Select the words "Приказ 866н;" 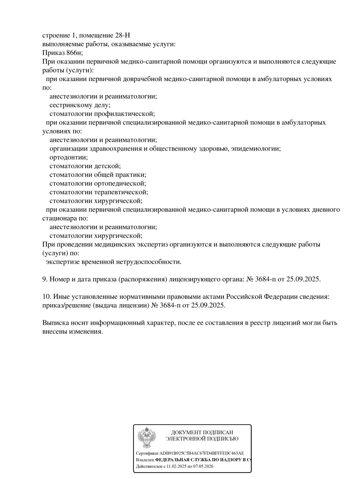(62, 53)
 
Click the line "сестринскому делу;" (80, 105)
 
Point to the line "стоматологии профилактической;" (102, 114)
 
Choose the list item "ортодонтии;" (68, 158)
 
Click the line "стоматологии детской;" (85, 166)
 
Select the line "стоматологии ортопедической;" (98, 184)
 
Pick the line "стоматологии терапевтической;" (99, 192)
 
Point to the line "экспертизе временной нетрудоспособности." (114, 262)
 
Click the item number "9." (45, 279)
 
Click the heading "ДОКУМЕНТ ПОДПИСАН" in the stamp (202, 432)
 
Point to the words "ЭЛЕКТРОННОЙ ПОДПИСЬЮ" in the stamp (202, 439)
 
